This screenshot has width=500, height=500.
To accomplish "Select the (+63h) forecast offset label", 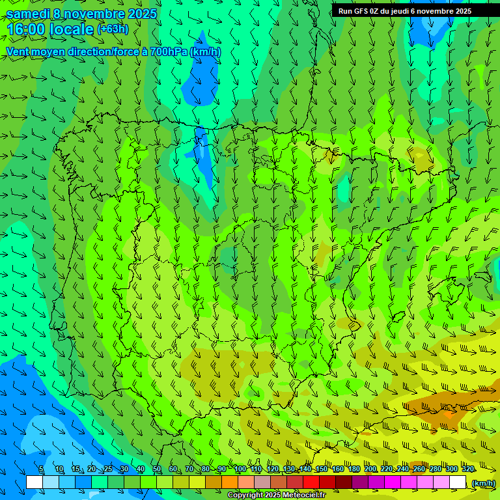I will (113, 29).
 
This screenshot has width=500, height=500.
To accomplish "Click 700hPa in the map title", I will (169, 51).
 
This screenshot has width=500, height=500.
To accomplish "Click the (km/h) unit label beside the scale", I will (483, 482).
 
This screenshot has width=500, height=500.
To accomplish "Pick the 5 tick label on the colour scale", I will (41, 469).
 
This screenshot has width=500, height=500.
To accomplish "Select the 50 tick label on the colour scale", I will (157, 469).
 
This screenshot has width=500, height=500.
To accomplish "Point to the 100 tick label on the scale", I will (240, 469).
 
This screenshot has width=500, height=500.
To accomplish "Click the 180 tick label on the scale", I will (354, 469).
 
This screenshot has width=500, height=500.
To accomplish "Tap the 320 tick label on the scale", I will (467, 469).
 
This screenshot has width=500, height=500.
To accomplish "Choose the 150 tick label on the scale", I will (322, 469).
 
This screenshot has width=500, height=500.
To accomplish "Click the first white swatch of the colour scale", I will (35, 482).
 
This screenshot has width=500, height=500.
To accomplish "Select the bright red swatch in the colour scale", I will (311, 482).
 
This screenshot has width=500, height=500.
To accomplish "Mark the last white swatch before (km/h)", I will (458, 482).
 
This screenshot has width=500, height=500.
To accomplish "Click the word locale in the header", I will (74, 30).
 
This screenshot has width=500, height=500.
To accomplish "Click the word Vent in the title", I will (18, 51).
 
